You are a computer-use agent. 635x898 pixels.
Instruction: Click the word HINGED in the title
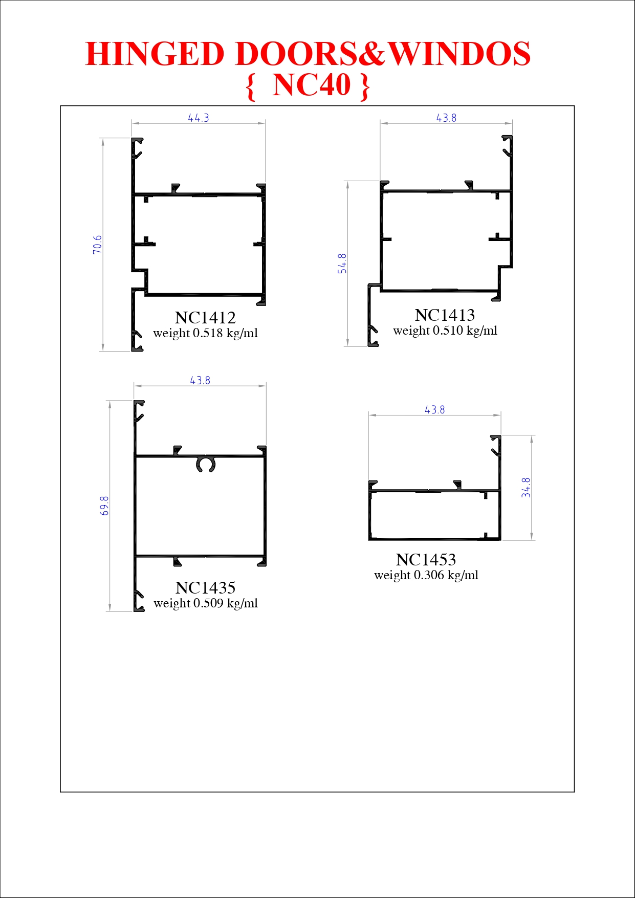[x=155, y=54]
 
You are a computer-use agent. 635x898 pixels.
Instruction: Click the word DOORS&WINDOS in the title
[x=383, y=54]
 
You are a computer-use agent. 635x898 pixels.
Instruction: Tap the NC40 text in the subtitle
[x=312, y=84]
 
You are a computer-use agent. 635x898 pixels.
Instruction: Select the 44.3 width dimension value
[x=199, y=118]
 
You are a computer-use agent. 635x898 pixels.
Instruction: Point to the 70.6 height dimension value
[x=97, y=245]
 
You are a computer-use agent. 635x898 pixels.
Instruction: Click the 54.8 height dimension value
[x=342, y=264]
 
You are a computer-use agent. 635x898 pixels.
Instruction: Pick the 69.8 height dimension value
[x=104, y=506]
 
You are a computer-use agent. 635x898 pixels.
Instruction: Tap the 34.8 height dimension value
[x=526, y=488]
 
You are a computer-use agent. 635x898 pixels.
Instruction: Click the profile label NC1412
[x=205, y=318]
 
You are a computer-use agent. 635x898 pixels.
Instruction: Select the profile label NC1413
[x=445, y=315]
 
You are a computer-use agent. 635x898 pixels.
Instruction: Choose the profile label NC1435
[x=205, y=588]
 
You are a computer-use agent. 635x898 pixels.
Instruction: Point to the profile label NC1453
[x=426, y=560]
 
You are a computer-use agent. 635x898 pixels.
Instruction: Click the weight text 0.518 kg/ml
[x=225, y=333]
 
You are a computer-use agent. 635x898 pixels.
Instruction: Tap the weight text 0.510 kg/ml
[x=465, y=331]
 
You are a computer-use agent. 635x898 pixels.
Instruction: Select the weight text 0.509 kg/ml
[x=226, y=603]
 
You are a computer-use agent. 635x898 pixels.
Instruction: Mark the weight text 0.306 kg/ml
[x=446, y=575]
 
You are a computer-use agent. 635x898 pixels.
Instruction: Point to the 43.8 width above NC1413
[x=446, y=118]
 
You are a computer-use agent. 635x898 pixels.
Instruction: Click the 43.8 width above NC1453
[x=435, y=410]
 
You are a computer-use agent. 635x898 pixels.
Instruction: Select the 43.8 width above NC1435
[x=200, y=381]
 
